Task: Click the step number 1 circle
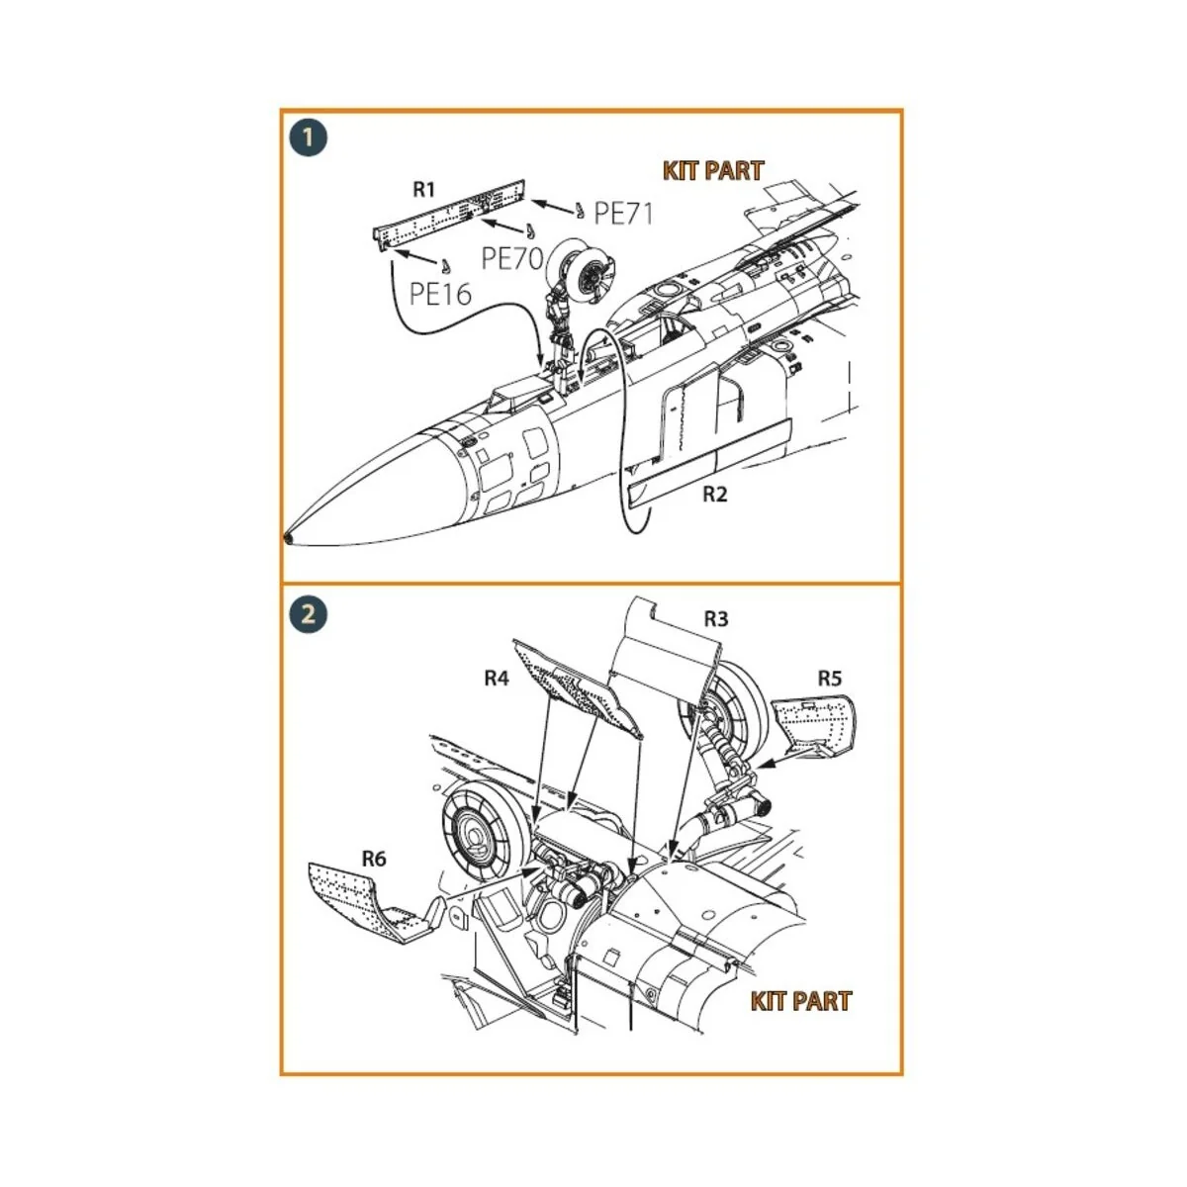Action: tap(309, 137)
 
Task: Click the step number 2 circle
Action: tap(309, 613)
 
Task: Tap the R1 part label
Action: tap(423, 189)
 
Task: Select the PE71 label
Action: tap(623, 213)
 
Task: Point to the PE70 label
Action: tap(512, 259)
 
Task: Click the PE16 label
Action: tap(440, 293)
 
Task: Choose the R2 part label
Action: tap(714, 494)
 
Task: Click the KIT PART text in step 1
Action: tap(713, 171)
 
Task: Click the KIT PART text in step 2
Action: tap(800, 1001)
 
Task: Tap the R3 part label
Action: tap(715, 619)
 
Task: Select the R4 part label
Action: tap(496, 678)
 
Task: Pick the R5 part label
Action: tap(829, 678)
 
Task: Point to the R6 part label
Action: tap(373, 859)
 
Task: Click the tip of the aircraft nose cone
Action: tap(288, 538)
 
